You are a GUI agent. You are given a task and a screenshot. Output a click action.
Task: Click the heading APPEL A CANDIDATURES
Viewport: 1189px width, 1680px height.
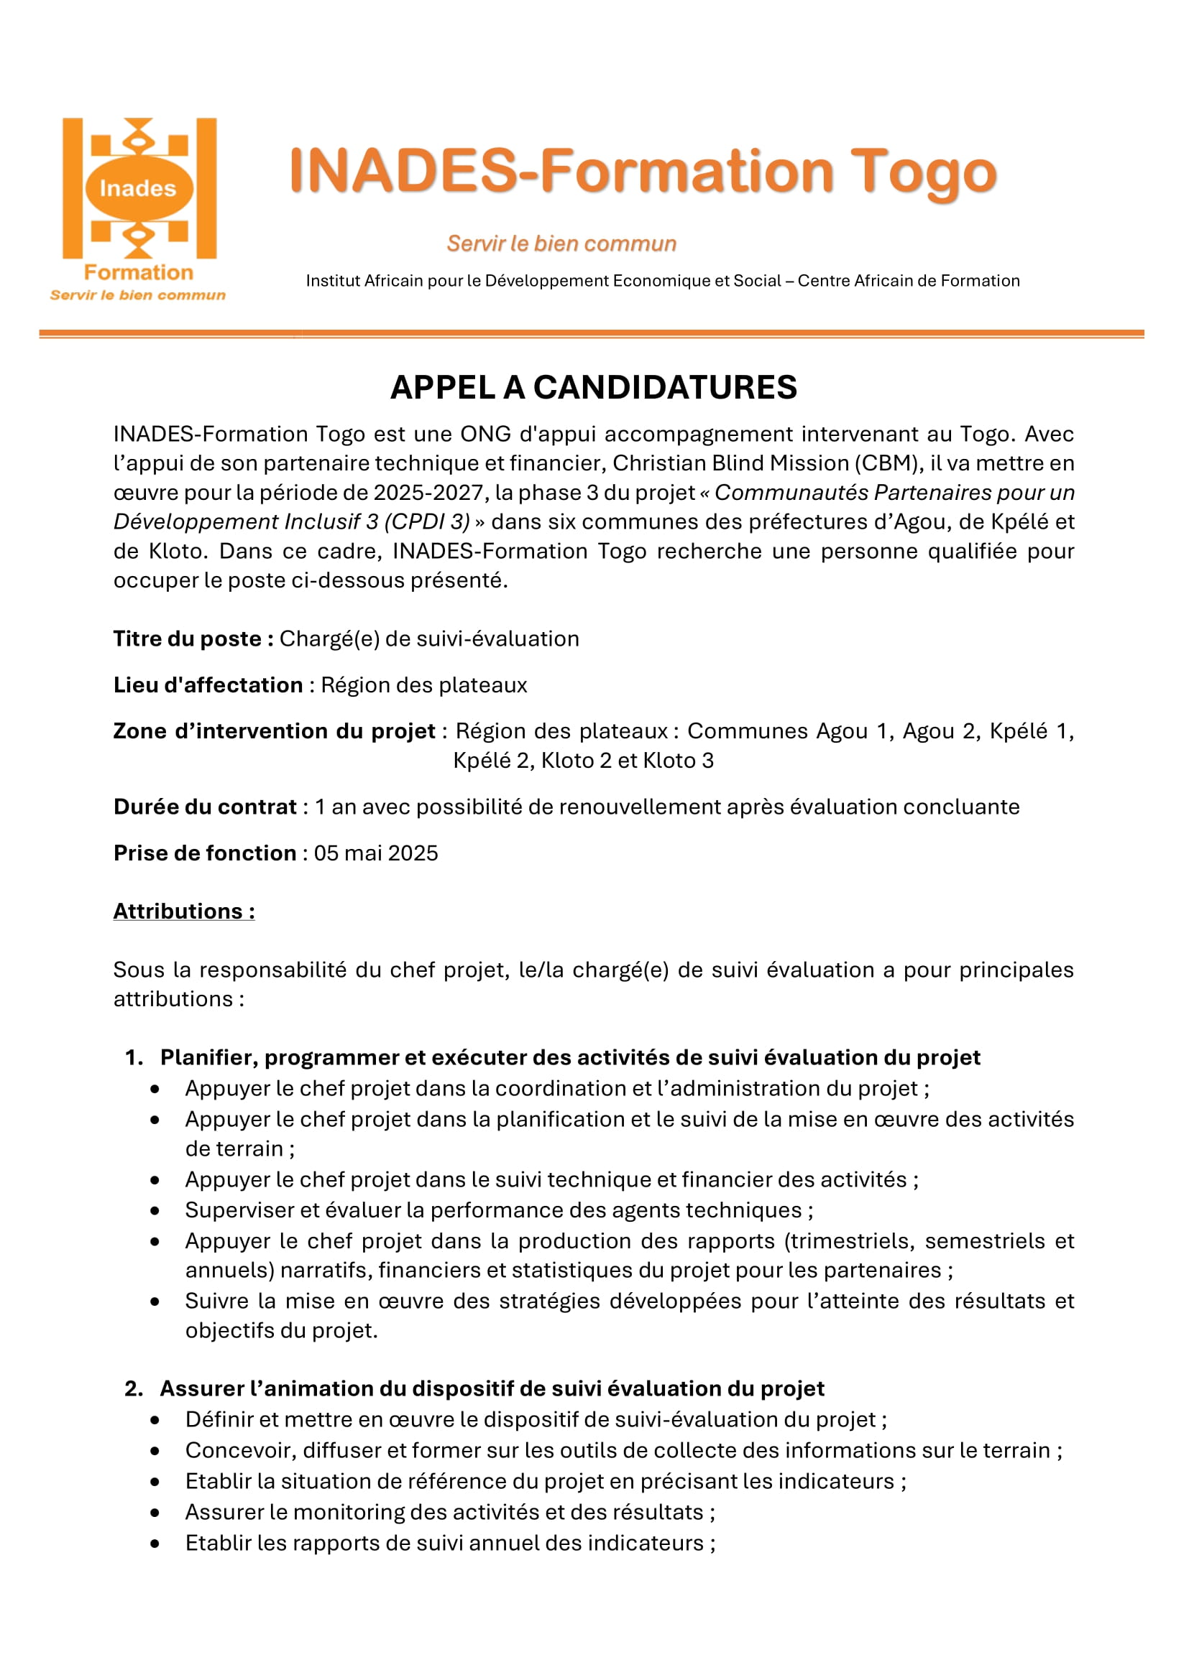coord(593,387)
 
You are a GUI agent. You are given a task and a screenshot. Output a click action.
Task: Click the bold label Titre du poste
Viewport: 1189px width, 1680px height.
coord(193,639)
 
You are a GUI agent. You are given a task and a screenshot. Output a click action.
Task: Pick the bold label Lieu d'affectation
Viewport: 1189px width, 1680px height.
coord(208,685)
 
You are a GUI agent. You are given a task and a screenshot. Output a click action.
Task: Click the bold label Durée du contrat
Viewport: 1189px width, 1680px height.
coord(205,807)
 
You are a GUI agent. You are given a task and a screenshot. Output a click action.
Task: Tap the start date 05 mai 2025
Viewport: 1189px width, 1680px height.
coord(375,853)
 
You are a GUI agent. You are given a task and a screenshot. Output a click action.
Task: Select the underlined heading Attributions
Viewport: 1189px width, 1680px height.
coord(184,911)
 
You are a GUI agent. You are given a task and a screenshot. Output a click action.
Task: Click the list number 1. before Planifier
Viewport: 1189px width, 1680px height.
coord(134,1057)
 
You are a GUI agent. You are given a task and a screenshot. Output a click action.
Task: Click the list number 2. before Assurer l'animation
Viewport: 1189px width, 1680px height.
coord(134,1388)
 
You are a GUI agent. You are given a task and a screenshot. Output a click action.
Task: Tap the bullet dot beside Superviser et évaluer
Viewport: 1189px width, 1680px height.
coord(155,1210)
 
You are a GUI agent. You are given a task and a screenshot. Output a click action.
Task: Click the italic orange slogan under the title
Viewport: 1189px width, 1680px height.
coord(561,243)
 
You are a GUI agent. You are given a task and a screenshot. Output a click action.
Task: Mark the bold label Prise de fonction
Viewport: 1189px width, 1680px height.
coord(205,853)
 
